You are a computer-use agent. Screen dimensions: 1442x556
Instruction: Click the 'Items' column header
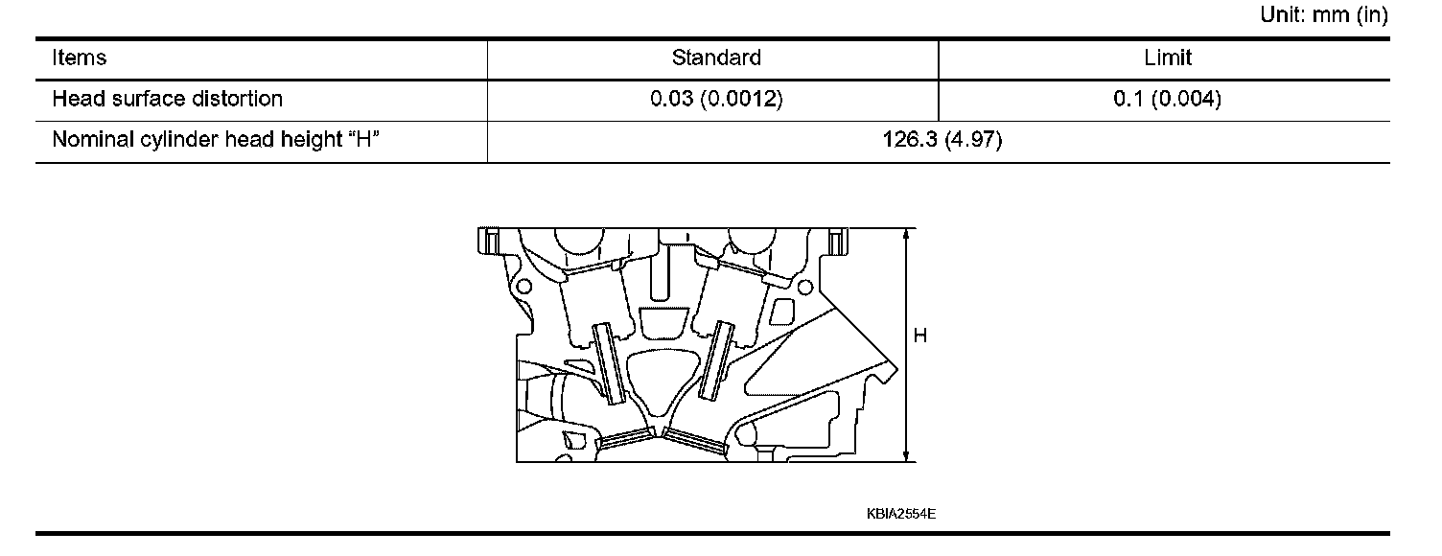80,58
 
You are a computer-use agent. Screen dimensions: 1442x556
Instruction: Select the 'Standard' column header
716,58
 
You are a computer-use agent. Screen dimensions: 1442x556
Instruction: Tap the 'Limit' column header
1167,58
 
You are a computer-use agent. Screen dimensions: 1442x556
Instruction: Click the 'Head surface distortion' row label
167,100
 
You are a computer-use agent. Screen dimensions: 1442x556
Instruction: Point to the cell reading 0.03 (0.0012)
716,100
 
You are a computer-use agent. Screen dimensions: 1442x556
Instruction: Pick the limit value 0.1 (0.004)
1167,100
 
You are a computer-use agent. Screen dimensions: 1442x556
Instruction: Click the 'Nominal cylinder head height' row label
217,141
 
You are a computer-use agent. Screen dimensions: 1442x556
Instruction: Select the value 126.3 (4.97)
942,141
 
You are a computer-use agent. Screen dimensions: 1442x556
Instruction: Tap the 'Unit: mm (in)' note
1324,17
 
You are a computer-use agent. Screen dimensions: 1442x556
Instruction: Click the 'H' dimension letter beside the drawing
920,336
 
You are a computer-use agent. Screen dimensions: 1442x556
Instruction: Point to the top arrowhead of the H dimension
906,236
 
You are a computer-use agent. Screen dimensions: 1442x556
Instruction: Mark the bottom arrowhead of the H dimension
906,455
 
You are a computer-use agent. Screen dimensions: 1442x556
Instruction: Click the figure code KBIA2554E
900,514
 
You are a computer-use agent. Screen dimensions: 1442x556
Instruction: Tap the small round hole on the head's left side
523,287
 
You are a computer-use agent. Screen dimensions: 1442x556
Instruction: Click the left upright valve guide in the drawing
609,363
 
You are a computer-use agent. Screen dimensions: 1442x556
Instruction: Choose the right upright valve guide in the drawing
716,360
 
